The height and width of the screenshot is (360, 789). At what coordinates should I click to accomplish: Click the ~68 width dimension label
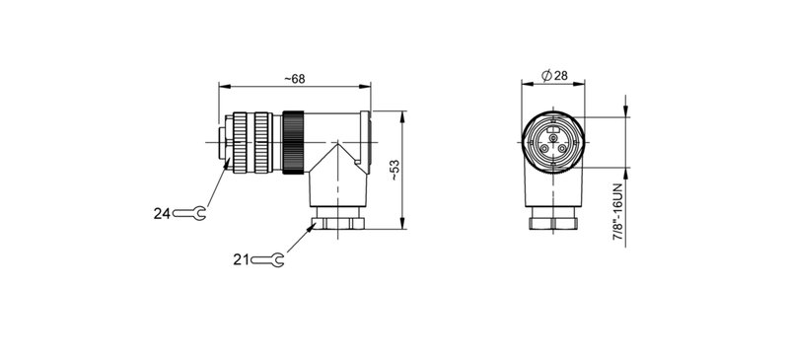(x=293, y=79)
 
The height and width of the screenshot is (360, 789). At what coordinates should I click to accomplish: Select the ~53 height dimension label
(x=394, y=171)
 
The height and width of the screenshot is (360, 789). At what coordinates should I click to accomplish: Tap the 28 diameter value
(x=559, y=76)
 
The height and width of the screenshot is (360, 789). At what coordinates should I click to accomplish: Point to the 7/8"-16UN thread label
(x=618, y=210)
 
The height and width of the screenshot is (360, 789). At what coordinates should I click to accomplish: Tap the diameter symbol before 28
(x=545, y=76)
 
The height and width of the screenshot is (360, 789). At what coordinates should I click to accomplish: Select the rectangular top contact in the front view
(x=552, y=128)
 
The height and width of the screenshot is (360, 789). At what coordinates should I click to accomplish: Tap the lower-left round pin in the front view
(x=541, y=149)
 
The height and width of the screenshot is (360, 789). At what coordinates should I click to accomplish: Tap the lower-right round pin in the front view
(x=564, y=149)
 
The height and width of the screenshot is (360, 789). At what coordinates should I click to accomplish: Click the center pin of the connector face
(x=552, y=141)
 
